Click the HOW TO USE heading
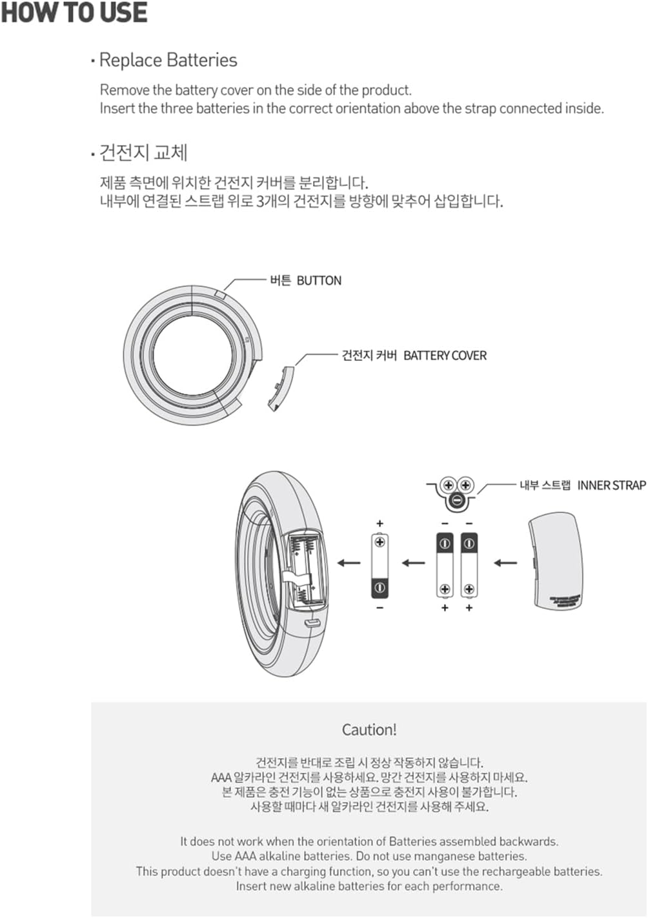74,13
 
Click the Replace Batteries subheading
168,60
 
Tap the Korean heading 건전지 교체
143,153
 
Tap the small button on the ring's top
220,294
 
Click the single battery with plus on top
380,565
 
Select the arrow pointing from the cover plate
505,563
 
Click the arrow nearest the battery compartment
349,563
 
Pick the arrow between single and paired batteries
414,563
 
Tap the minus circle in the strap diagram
456,500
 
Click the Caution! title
369,730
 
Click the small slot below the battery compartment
313,623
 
